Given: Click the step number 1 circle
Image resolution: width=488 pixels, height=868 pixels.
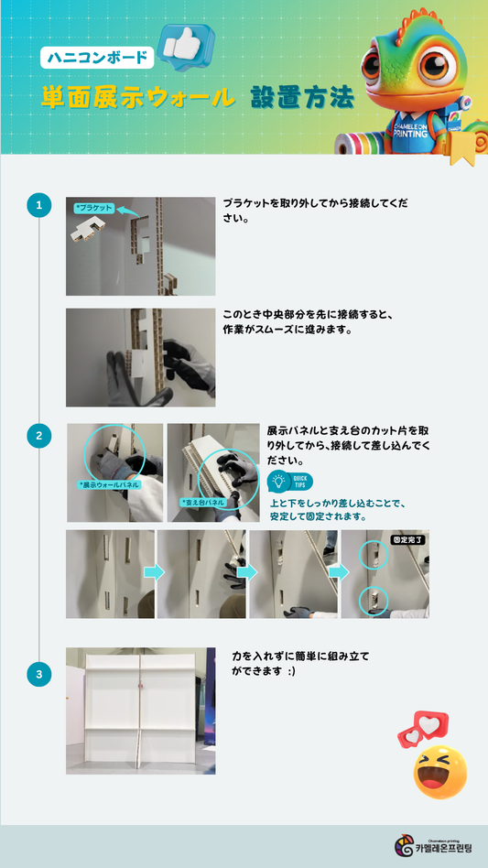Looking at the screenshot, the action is click(38, 205).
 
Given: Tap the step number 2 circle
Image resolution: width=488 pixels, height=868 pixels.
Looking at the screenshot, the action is click(38, 436).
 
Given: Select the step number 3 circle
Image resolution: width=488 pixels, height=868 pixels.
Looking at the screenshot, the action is click(38, 674).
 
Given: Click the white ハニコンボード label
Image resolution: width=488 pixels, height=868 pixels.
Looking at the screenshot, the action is click(97, 58).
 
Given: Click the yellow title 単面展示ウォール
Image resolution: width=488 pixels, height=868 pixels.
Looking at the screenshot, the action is click(138, 98).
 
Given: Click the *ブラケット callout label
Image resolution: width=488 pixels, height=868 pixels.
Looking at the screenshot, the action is click(94, 209).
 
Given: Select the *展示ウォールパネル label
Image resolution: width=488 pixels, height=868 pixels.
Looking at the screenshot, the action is click(110, 485).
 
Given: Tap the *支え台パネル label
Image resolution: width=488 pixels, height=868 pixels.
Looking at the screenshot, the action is click(203, 503).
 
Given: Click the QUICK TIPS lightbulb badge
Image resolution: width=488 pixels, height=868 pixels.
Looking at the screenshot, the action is click(290, 482).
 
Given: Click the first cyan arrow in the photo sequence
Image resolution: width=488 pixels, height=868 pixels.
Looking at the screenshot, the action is click(155, 572).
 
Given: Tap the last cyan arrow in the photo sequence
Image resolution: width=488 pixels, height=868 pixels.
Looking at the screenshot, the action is click(338, 572).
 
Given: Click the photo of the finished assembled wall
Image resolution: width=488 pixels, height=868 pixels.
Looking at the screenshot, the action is click(140, 711).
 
